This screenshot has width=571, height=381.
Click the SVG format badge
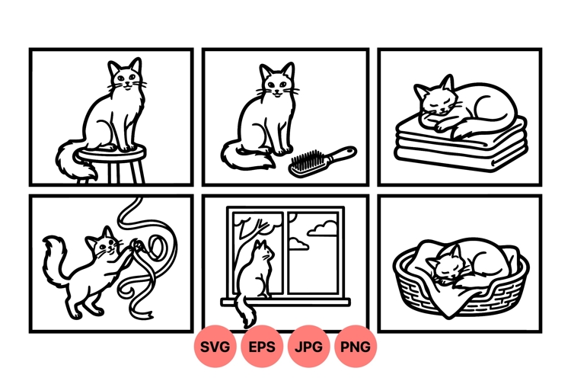click(x=215, y=347)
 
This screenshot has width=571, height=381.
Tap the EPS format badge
click(x=263, y=347)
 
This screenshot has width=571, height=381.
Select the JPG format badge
click(x=309, y=347)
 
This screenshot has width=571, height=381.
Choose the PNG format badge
click(x=356, y=347)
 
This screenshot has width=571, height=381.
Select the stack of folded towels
click(x=456, y=149)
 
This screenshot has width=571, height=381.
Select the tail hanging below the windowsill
click(x=245, y=312)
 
